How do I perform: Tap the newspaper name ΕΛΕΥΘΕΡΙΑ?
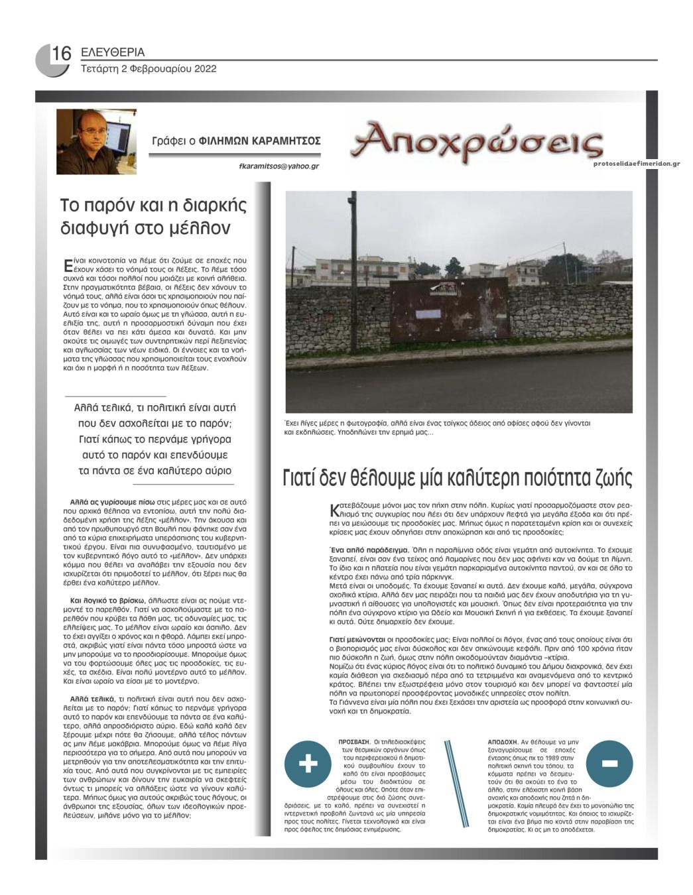click(x=112, y=52)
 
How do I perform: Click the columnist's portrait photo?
click(x=96, y=141)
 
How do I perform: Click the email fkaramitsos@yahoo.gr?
click(x=279, y=166)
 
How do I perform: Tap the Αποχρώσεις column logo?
click(x=477, y=141)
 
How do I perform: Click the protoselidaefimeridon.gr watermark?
click(x=637, y=162)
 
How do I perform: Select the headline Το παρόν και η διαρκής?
click(x=153, y=206)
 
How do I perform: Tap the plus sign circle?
click(x=308, y=764)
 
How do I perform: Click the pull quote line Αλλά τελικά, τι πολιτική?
click(x=155, y=408)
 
